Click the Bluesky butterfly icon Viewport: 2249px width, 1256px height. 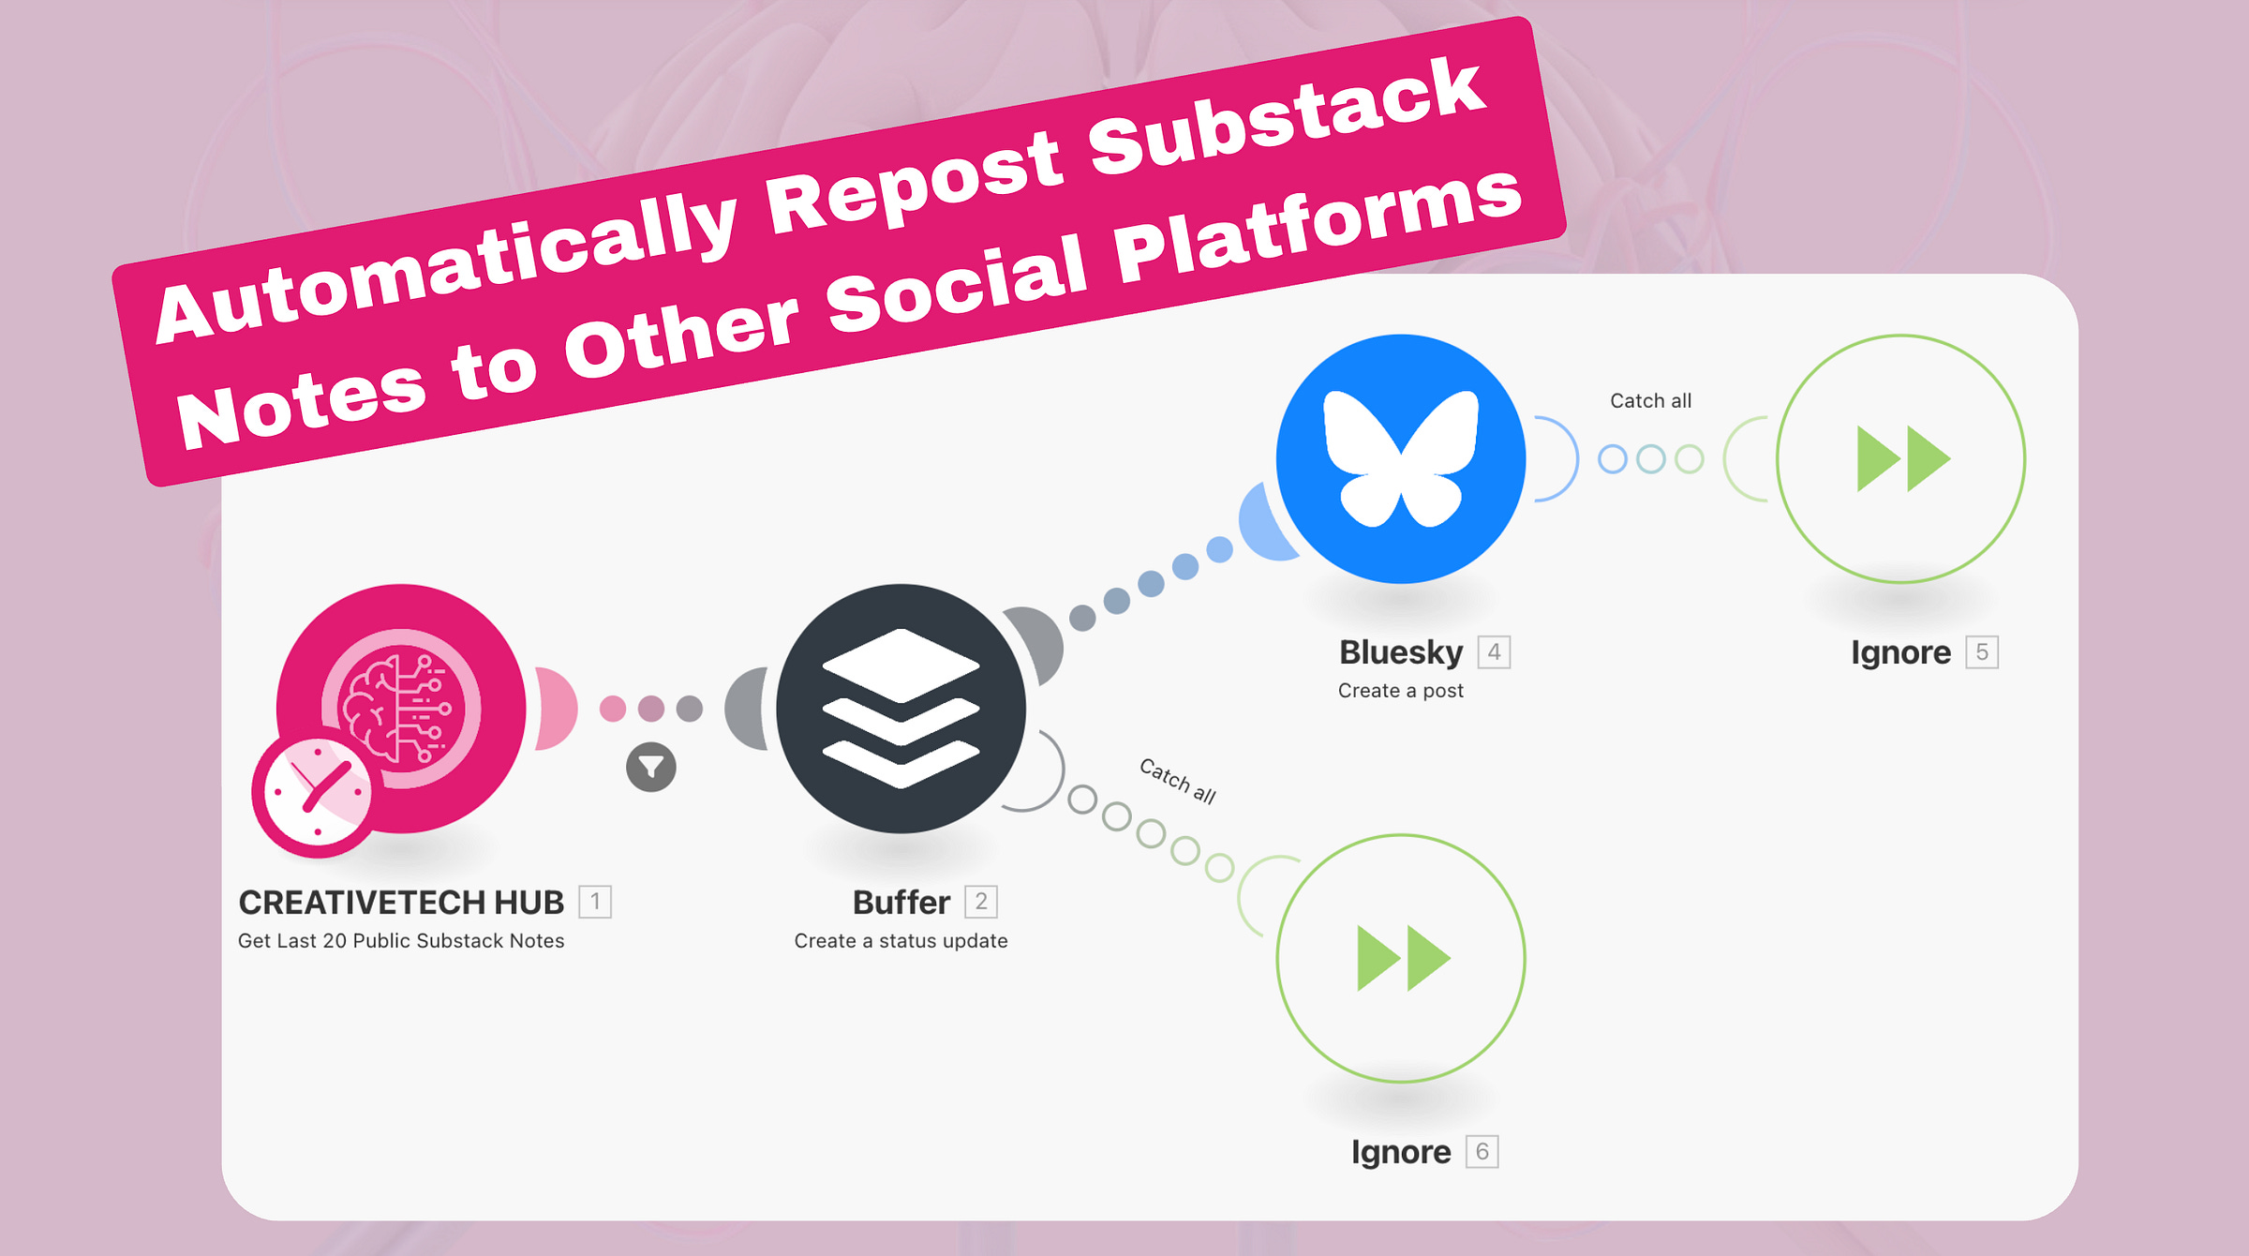1401,458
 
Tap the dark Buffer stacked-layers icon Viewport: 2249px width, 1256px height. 901,709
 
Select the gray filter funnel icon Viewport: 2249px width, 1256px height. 651,768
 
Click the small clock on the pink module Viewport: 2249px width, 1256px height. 317,792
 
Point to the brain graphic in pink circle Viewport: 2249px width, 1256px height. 401,709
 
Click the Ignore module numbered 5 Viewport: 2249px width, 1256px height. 1901,458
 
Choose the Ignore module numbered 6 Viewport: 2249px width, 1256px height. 1401,958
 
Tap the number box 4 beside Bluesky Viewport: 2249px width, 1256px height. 1495,652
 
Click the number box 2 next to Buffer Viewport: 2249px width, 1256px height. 981,902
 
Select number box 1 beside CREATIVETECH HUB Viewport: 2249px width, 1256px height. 595,902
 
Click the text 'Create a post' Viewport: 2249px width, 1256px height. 1400,691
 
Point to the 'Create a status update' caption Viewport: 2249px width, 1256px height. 901,941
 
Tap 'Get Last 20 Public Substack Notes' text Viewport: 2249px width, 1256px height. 401,941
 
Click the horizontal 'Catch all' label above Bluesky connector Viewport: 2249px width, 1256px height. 1650,401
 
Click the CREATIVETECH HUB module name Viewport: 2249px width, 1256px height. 401,903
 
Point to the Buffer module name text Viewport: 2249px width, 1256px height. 901,903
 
